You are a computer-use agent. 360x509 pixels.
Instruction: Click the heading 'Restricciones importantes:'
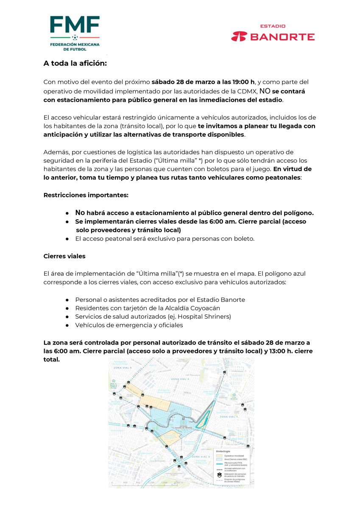pos(86,195)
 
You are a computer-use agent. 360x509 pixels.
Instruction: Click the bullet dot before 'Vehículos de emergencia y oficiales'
pos(67,325)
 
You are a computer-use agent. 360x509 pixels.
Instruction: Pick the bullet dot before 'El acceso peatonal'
pos(67,239)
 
